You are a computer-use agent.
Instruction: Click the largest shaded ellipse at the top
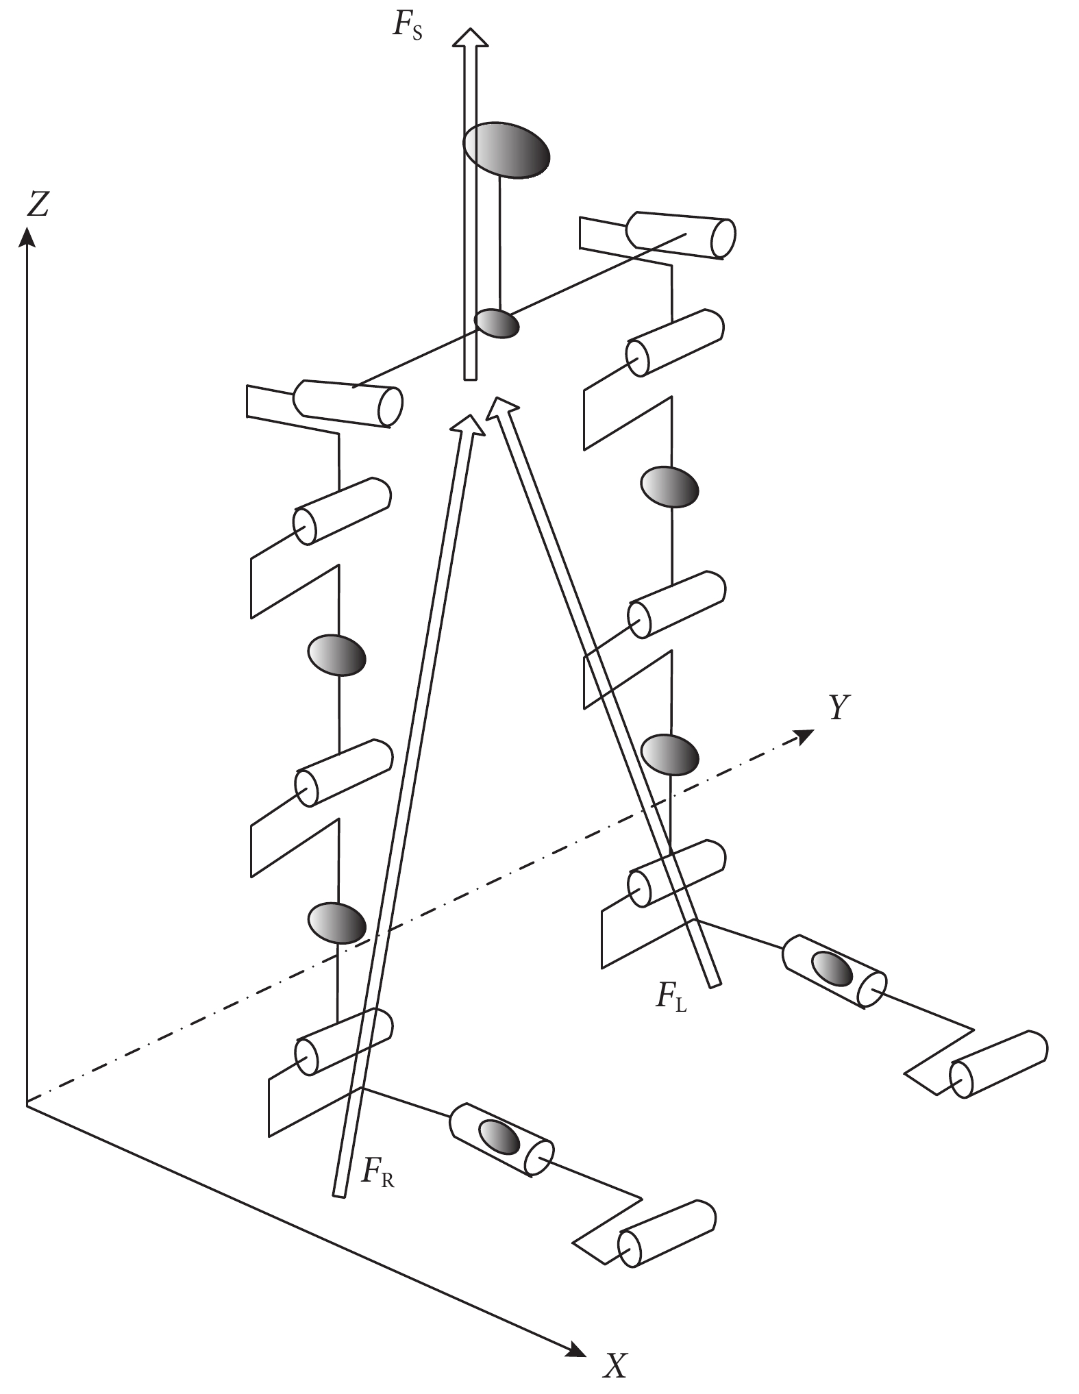(506, 151)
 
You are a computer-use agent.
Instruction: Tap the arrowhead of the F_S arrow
(469, 38)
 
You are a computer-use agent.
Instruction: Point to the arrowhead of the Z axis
(27, 237)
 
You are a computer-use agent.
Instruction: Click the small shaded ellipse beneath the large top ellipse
(497, 323)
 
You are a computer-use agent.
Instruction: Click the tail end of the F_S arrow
(469, 377)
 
